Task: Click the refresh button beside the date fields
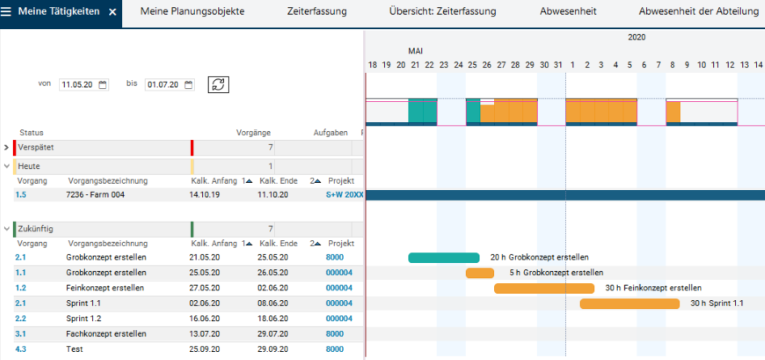218,84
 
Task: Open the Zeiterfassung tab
317,11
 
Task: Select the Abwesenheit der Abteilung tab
699,11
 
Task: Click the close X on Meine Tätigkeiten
112,11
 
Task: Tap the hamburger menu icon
6,11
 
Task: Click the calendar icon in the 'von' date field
103,85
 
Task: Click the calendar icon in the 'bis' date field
188,85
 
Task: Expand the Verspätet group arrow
6,146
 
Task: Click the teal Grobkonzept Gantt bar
444,257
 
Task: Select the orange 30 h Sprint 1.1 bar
630,303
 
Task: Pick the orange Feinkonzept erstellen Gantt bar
544,288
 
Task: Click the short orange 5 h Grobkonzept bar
480,273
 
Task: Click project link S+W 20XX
345,195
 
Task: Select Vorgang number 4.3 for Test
21,349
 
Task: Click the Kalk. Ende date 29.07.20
273,334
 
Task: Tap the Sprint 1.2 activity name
83,319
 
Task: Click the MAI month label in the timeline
416,51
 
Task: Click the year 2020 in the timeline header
636,37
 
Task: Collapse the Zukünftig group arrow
6,228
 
